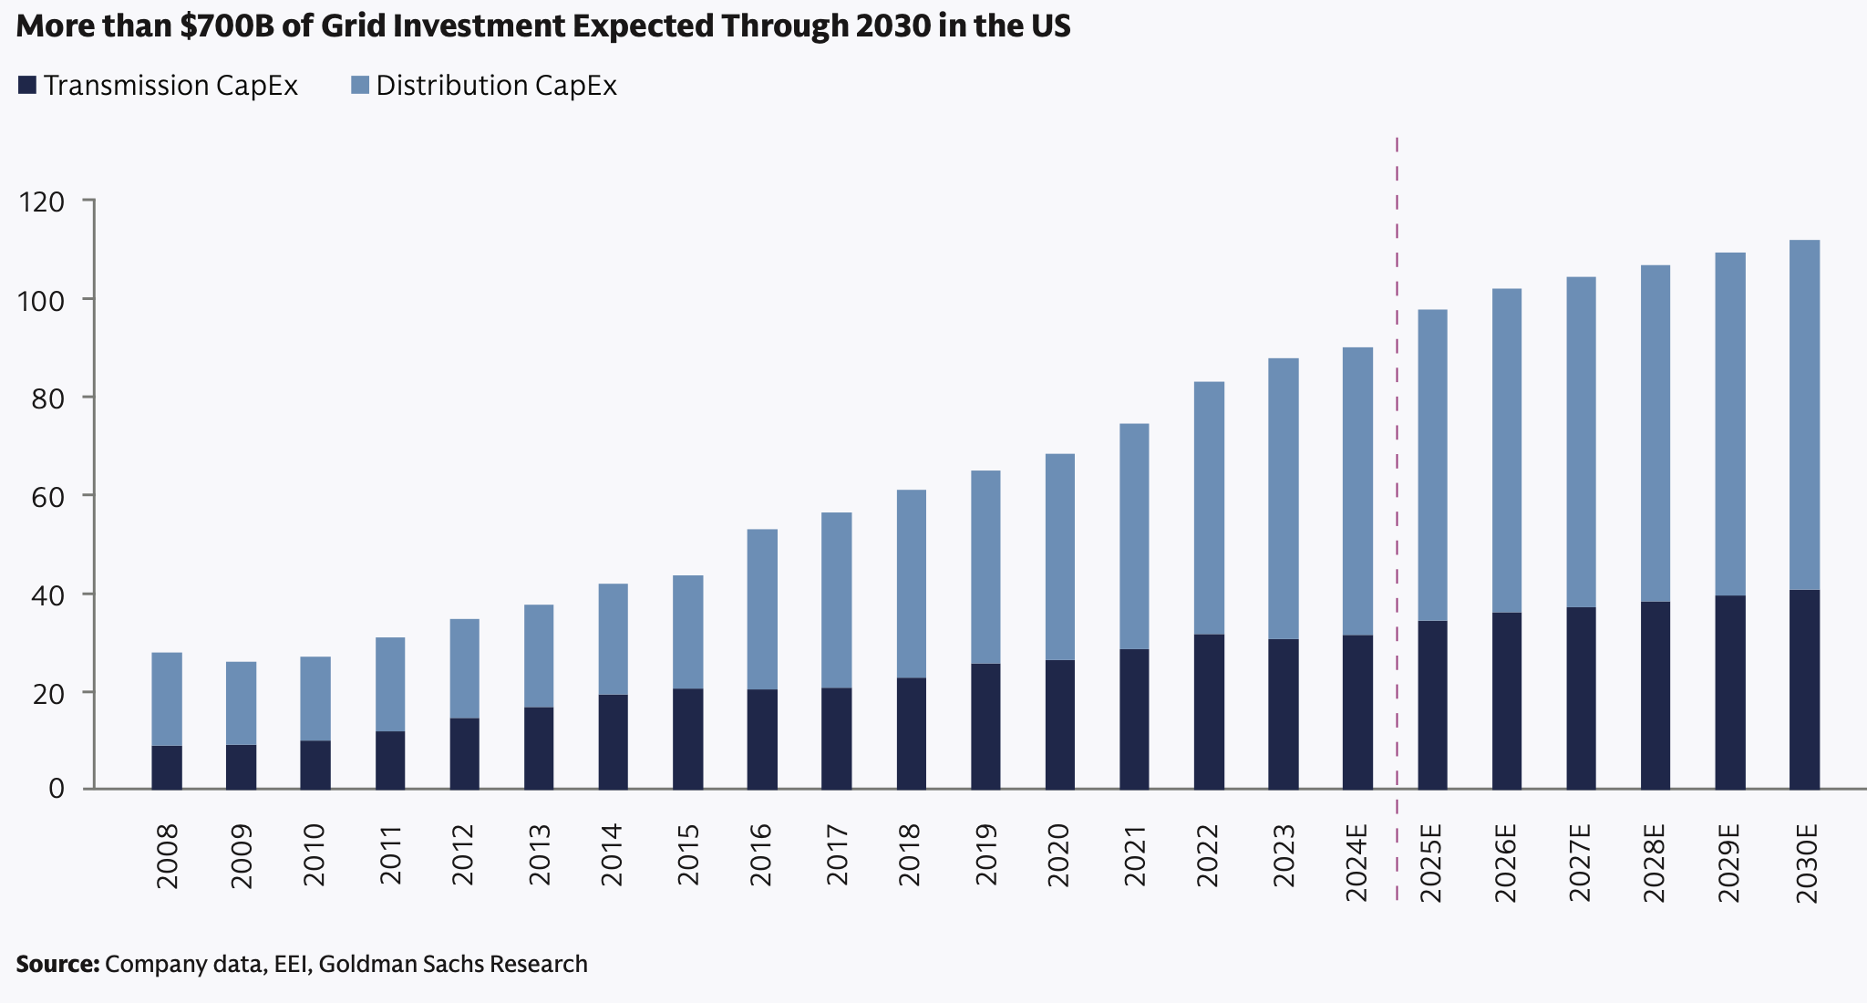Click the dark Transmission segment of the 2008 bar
167,767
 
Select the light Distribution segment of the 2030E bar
1804,415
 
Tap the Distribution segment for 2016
762,609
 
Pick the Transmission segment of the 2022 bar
1209,711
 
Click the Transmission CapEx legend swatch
27,86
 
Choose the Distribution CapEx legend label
496,86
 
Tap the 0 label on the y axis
57,789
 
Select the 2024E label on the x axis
1357,862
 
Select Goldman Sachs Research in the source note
453,964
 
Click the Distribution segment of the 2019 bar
985,567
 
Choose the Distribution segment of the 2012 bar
464,668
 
